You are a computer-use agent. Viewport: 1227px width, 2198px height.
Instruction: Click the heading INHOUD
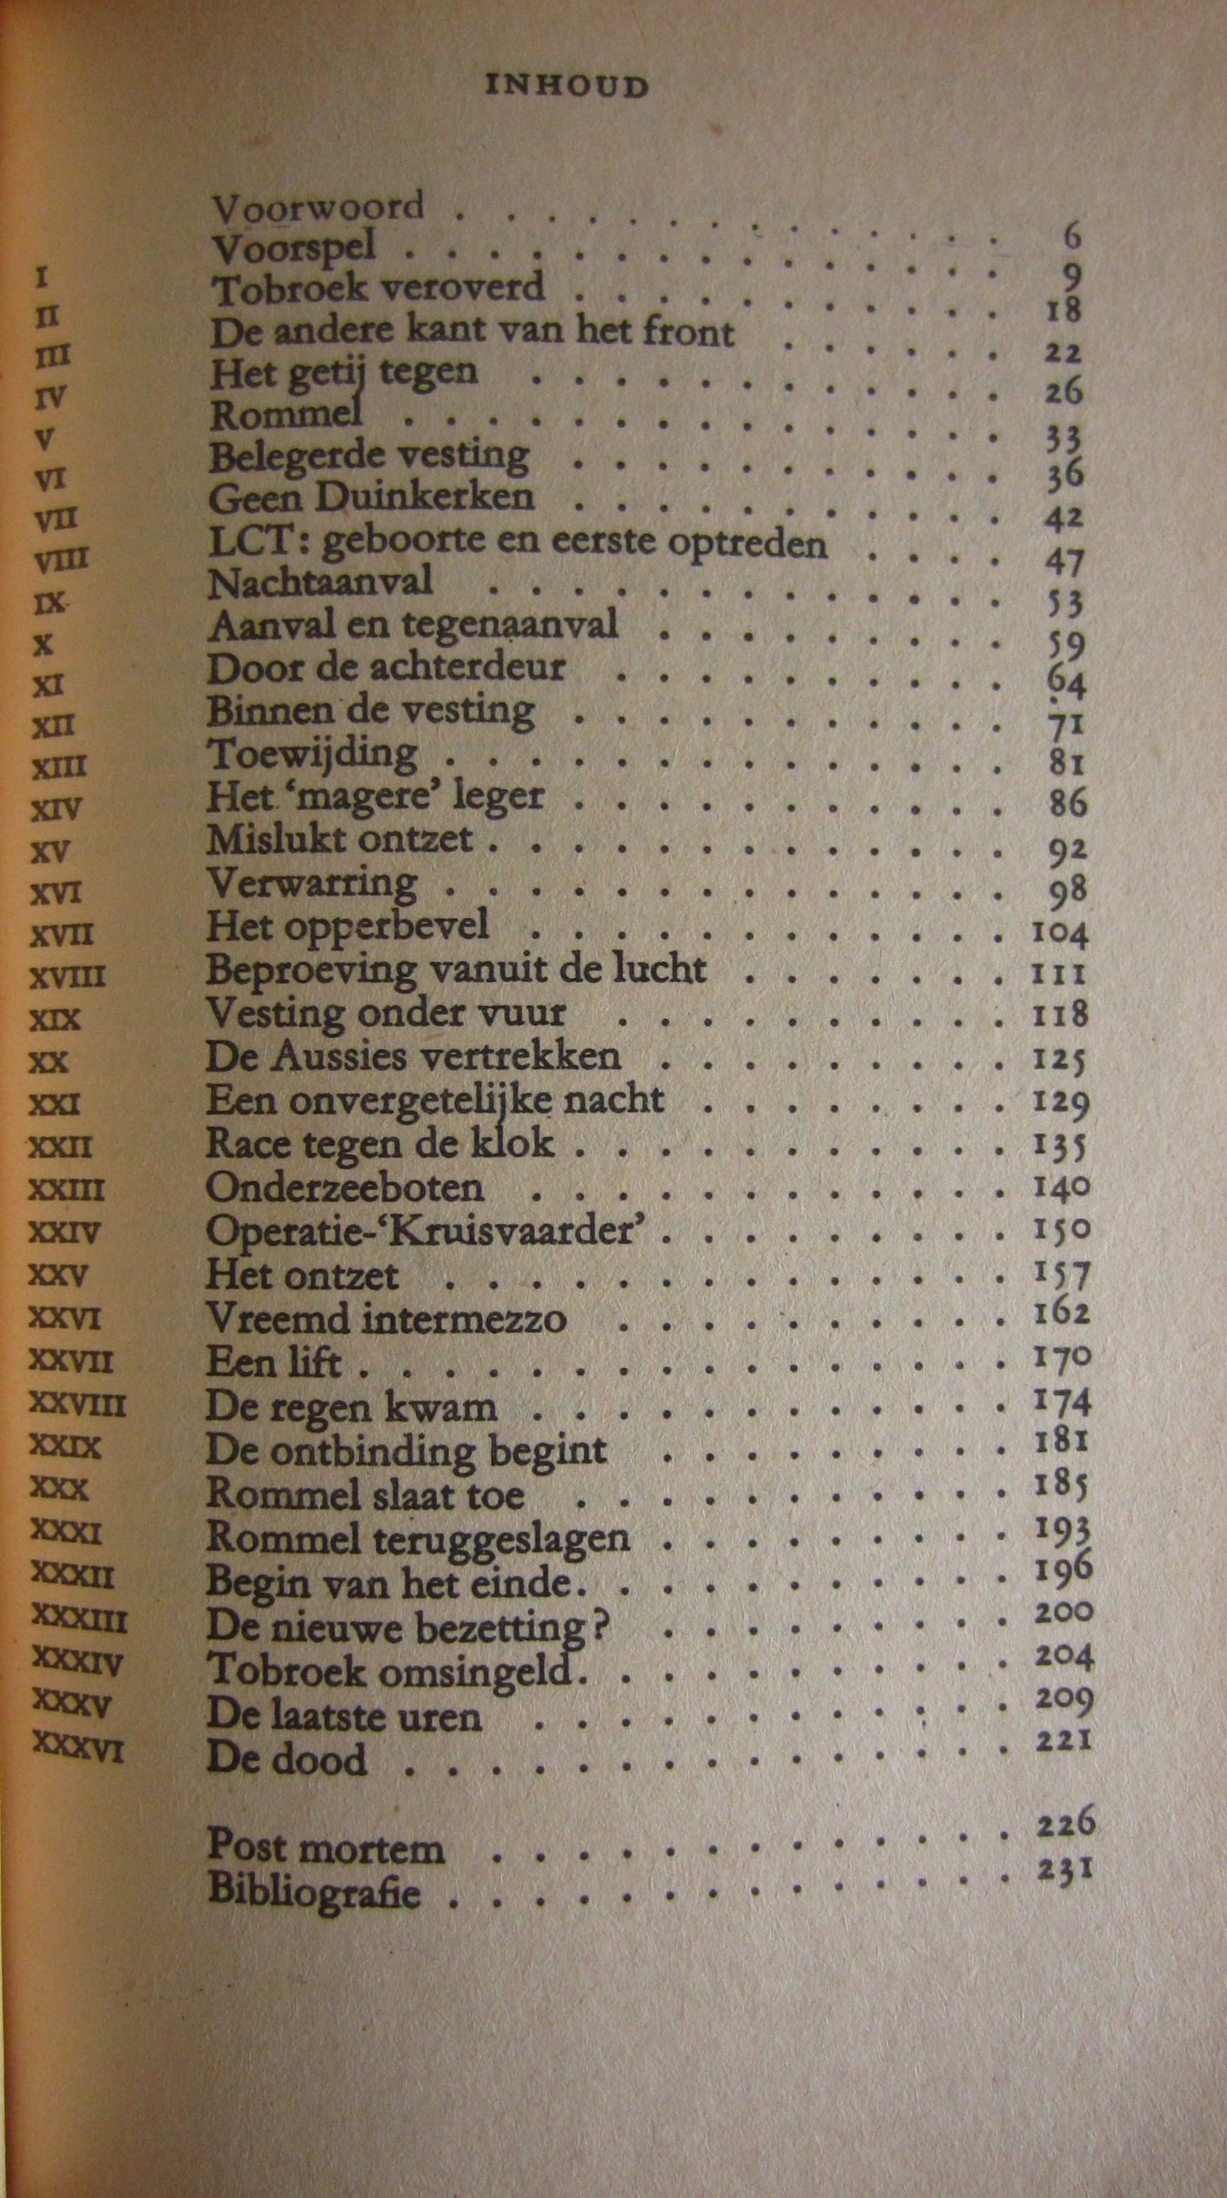[566, 86]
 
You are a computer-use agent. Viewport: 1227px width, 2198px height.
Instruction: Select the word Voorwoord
[317, 207]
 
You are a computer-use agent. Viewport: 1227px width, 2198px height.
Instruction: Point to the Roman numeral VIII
[62, 561]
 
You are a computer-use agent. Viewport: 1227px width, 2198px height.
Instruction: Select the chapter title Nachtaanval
[320, 582]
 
